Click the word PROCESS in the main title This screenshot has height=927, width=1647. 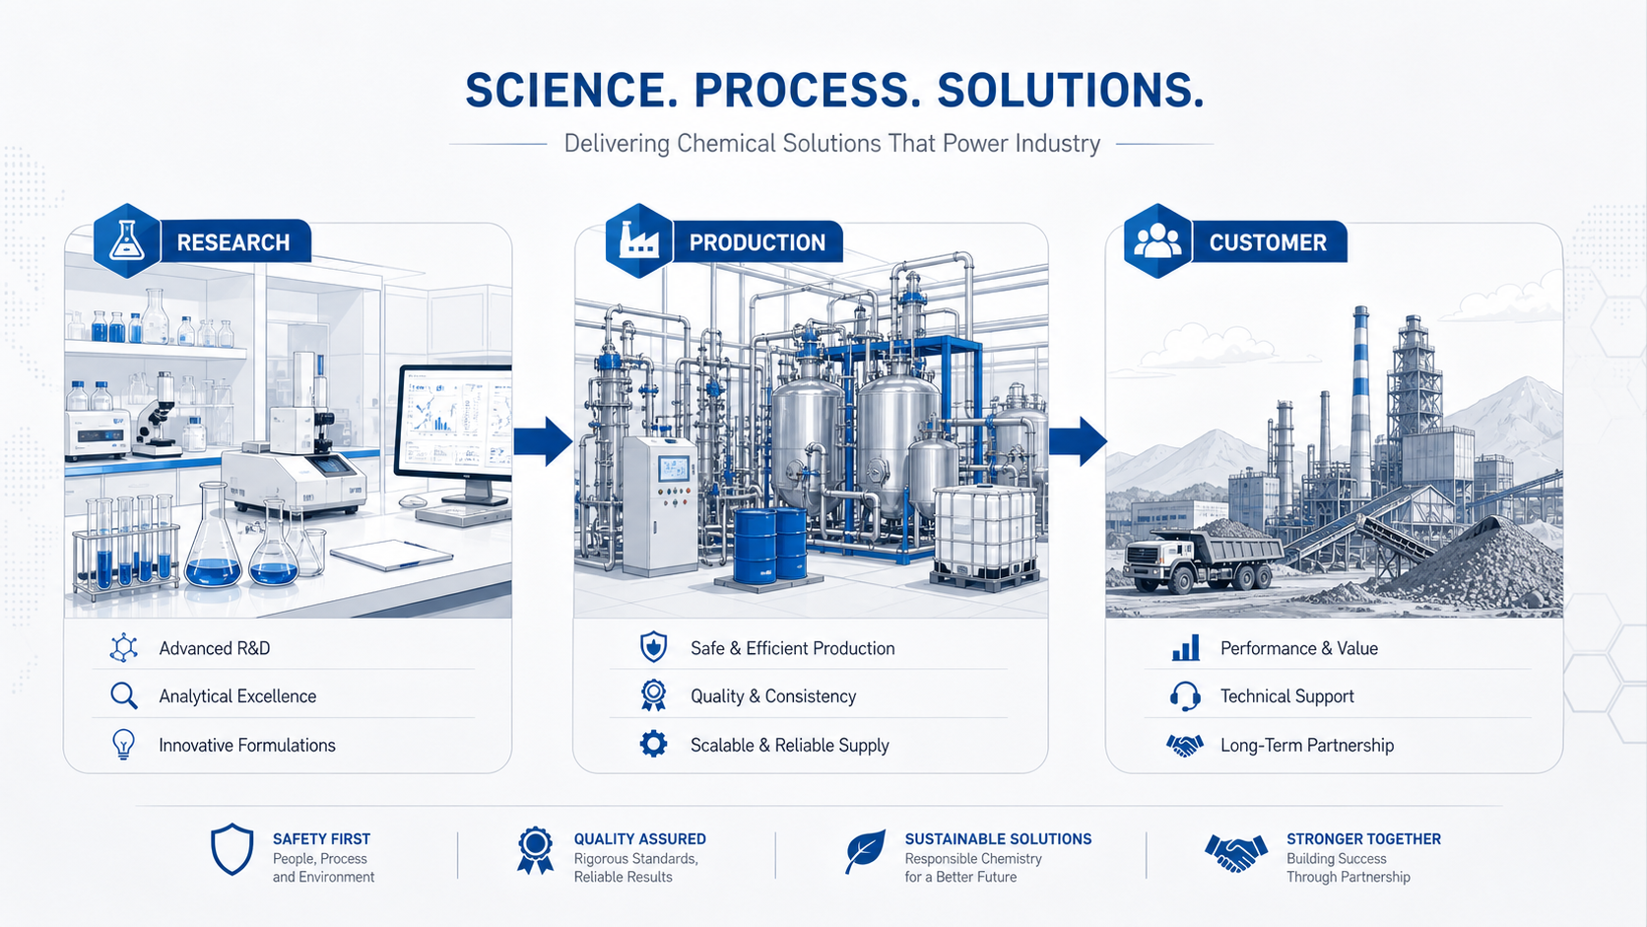807,92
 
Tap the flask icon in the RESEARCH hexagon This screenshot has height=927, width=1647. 127,240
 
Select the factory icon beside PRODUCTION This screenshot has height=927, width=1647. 638,240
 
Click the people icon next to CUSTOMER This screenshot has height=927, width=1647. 1157,240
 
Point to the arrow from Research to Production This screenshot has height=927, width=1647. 543,441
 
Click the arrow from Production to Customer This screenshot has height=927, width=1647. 1078,441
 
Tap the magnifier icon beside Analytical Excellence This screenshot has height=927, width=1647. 123,695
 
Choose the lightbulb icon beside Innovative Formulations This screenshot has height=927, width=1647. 123,744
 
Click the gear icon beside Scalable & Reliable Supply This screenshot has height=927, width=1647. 653,744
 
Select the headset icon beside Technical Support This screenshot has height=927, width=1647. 1184,695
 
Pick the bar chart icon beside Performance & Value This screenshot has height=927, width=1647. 1185,647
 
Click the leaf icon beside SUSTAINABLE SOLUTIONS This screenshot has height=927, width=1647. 865,851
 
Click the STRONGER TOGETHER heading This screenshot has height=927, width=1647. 1363,838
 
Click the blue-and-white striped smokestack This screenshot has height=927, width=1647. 1360,401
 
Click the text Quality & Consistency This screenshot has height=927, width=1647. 772,696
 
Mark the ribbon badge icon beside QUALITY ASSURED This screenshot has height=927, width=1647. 535,850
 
